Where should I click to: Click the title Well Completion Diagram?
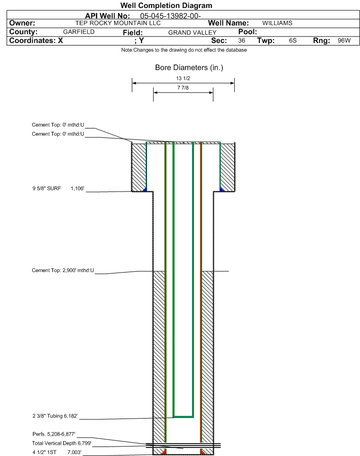[x=166, y=6]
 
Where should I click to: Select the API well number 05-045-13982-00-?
[x=171, y=16]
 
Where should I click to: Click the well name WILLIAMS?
[x=277, y=23]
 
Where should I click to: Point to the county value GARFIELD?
[x=79, y=32]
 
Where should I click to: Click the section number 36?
[x=241, y=41]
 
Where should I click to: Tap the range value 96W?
[x=344, y=41]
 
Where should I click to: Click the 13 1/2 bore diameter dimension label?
[x=183, y=78]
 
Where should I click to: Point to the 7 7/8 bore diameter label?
[x=183, y=88]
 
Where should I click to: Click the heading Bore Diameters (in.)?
[x=189, y=68]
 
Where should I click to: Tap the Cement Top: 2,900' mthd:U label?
[x=63, y=271]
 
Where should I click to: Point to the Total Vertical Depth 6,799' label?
[x=61, y=443]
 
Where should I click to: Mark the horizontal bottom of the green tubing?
[x=183, y=417]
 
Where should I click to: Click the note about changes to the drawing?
[x=184, y=50]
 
